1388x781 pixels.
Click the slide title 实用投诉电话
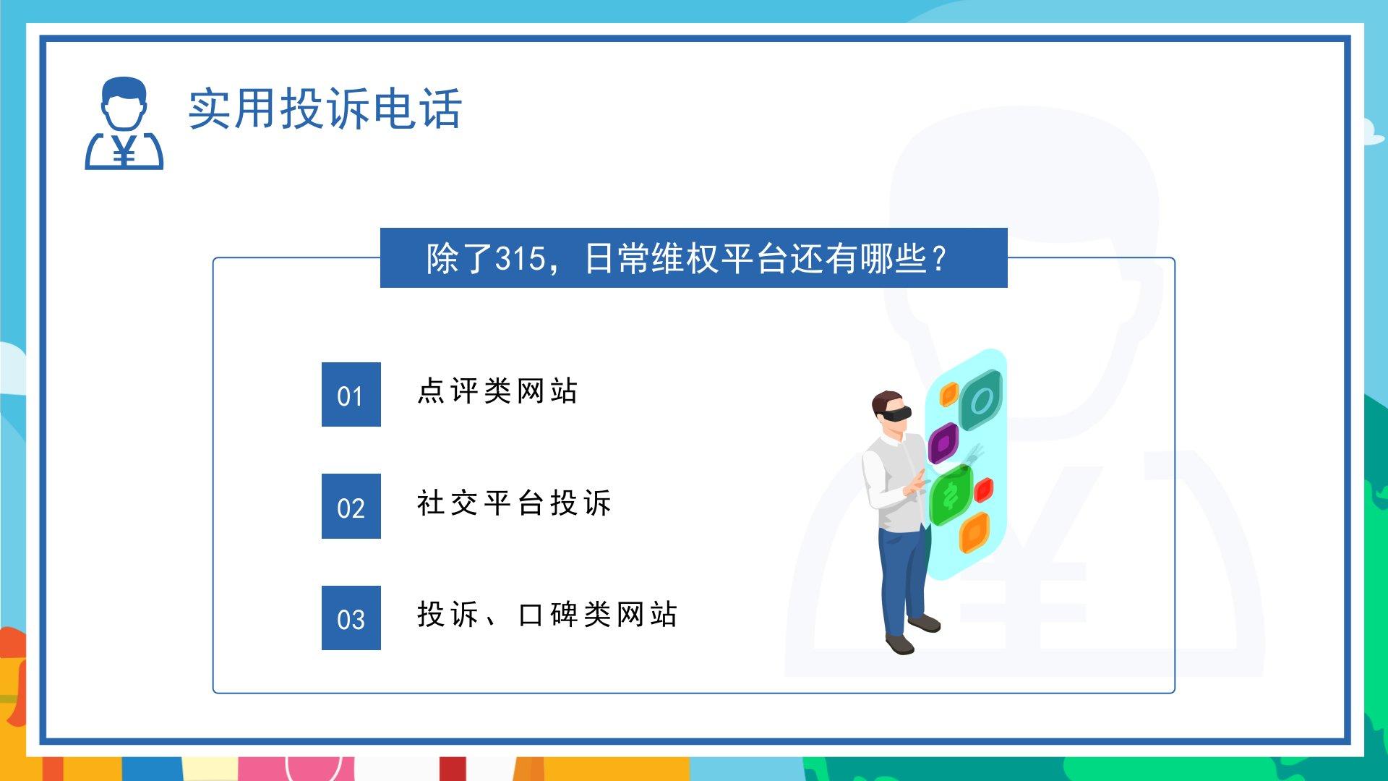pyautogui.click(x=325, y=109)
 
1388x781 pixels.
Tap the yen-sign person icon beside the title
pyautogui.click(x=124, y=123)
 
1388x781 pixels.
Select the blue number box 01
pyautogui.click(x=351, y=394)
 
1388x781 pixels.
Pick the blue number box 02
pyautogui.click(x=351, y=506)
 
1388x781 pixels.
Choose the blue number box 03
pyautogui.click(x=351, y=618)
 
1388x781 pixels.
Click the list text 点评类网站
pyautogui.click(x=497, y=391)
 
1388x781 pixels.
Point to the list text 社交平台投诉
pyautogui.click(x=514, y=503)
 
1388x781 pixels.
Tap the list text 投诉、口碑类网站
pyautogui.click(x=547, y=615)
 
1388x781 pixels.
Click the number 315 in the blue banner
pyautogui.click(x=520, y=259)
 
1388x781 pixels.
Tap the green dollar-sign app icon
pyautogui.click(x=951, y=495)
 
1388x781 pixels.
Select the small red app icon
pyautogui.click(x=984, y=490)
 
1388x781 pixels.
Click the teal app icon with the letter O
pyautogui.click(x=981, y=398)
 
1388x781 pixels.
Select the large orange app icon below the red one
pyautogui.click(x=974, y=533)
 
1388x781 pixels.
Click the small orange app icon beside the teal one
pyautogui.click(x=948, y=395)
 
